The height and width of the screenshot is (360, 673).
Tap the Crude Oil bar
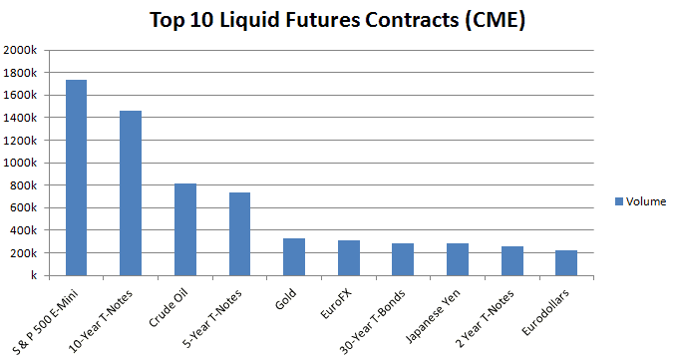click(185, 229)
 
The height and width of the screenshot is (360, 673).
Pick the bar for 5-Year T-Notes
click(239, 233)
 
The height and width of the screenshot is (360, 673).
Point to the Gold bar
click(294, 256)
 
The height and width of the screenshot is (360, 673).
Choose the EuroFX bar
click(348, 257)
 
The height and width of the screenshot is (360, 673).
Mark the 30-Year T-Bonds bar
click(403, 259)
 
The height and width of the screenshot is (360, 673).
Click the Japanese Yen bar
click(457, 259)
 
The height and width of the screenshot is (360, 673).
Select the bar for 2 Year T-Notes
click(511, 260)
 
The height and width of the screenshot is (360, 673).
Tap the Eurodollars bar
click(565, 262)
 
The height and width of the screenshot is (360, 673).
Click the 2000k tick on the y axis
click(21, 51)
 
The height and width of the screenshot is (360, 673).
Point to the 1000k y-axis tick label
click(21, 163)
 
